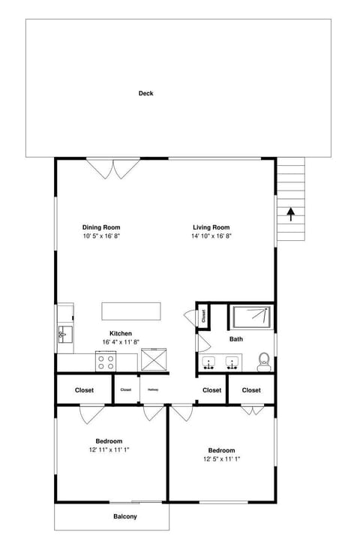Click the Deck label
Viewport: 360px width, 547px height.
tap(145, 94)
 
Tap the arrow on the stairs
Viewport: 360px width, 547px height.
tap(289, 213)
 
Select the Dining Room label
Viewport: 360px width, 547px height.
tap(101, 227)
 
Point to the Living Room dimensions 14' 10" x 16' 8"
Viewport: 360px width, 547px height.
tap(211, 236)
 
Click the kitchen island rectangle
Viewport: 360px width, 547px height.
tap(132, 311)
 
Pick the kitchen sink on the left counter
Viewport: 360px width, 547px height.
tap(65, 333)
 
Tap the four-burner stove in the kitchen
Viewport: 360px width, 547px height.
tap(106, 361)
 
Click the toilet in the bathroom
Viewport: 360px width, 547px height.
tap(264, 362)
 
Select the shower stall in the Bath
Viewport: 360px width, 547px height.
tap(250, 317)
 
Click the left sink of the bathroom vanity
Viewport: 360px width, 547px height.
tap(211, 363)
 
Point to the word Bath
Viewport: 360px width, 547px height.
tap(236, 339)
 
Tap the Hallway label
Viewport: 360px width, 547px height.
tap(153, 389)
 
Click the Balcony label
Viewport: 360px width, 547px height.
tap(125, 516)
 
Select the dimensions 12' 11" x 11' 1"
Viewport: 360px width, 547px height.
tap(109, 450)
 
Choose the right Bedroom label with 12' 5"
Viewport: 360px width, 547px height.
tap(221, 450)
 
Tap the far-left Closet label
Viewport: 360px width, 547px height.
tap(84, 390)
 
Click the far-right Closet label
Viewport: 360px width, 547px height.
tap(251, 390)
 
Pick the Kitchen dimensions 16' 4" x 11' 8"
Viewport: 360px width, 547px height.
tap(121, 342)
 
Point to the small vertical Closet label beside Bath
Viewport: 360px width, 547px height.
tap(202, 316)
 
